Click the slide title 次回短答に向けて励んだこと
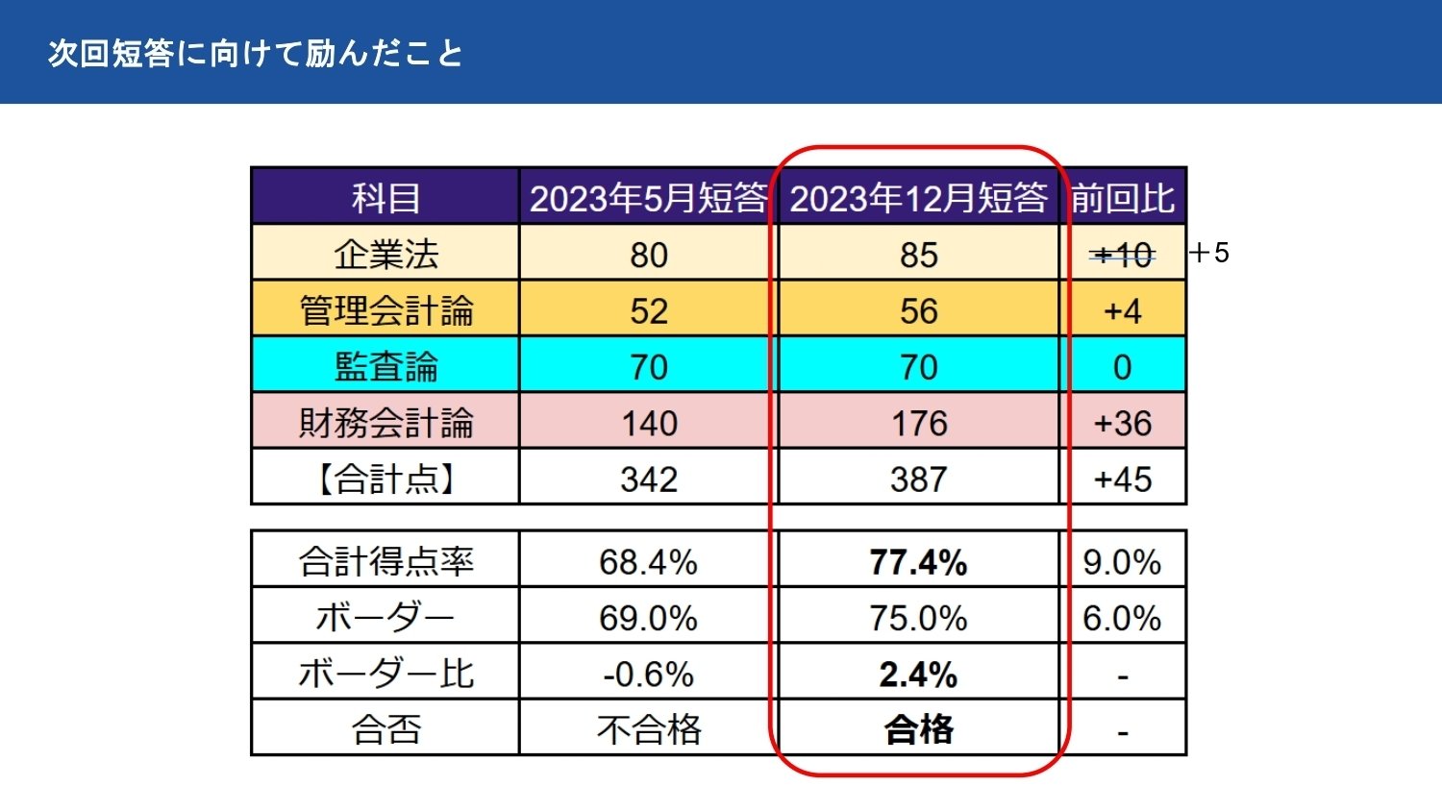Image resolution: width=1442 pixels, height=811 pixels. [255, 53]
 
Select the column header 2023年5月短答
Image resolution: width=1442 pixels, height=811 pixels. [648, 198]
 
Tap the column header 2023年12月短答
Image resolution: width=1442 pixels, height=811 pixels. [918, 198]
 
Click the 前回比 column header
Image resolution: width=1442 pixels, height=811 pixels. [1123, 198]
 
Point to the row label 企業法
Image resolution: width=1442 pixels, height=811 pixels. [385, 255]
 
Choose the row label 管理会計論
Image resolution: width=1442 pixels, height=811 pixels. [385, 310]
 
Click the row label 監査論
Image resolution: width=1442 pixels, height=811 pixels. [385, 367]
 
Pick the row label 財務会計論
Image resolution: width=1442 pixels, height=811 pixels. [385, 423]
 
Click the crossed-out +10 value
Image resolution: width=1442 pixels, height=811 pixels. [1123, 255]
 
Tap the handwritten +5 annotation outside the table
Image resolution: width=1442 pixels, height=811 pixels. [1209, 253]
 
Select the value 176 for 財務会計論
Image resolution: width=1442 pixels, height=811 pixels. [918, 423]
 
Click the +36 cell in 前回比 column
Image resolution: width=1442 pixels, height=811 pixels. [1123, 423]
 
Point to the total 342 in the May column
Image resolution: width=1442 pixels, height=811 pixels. [648, 479]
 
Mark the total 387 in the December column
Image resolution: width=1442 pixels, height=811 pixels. [918, 479]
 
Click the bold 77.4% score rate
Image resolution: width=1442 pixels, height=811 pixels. [918, 562]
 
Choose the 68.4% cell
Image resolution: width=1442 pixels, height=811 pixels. [648, 562]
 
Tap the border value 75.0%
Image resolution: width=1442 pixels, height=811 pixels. [918, 618]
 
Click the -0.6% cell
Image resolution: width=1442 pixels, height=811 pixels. [648, 675]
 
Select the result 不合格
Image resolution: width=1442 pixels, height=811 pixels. [648, 730]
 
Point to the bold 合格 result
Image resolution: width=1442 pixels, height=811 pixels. [918, 730]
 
